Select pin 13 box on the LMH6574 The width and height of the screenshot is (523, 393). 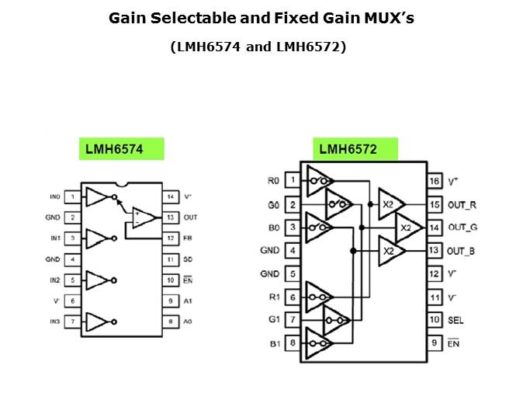(x=170, y=217)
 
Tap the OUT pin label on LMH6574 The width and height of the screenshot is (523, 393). (x=191, y=217)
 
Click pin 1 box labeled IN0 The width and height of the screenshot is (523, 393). (x=71, y=197)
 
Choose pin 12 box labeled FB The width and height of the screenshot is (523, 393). (x=170, y=238)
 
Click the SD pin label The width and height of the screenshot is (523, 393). (x=189, y=259)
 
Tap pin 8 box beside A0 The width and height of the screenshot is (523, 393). (x=170, y=321)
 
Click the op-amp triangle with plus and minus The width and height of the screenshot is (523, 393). (x=142, y=217)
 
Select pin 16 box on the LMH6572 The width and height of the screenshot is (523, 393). (x=435, y=181)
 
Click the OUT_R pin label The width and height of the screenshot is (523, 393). (x=462, y=204)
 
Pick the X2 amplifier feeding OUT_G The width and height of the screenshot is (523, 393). (x=408, y=228)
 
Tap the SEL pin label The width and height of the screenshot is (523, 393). (x=456, y=319)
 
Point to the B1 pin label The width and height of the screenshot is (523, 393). (x=272, y=343)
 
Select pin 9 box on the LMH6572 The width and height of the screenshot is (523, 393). (x=435, y=343)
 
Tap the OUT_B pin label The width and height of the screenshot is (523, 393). (x=462, y=250)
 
